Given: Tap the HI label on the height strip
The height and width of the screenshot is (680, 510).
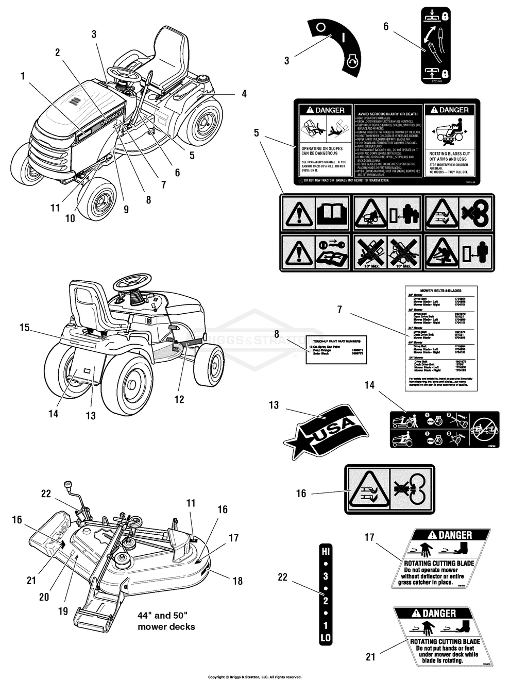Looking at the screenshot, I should (x=326, y=550).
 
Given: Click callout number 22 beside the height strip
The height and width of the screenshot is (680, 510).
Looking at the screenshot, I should (x=283, y=577).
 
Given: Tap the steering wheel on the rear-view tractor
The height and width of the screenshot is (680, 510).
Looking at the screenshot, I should (x=132, y=281).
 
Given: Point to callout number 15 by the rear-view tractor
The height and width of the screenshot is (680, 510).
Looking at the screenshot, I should (x=25, y=327).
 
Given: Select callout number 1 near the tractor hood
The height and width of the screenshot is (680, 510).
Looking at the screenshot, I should (x=23, y=76).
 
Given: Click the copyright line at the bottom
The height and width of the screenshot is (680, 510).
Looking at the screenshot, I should (x=254, y=677).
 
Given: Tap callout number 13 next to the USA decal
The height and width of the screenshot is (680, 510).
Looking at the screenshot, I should (x=274, y=405).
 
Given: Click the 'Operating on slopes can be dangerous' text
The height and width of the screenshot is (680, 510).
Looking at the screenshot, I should (x=319, y=150).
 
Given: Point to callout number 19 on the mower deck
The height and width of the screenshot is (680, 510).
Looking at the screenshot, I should (x=63, y=611).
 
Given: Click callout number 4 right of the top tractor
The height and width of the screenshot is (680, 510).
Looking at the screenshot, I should (x=244, y=94).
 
